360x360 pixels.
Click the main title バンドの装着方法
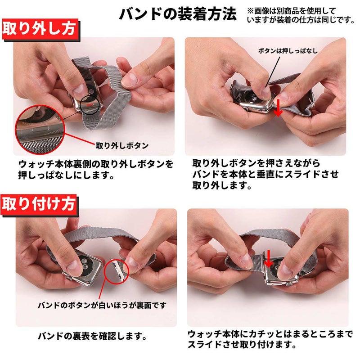[x=178, y=14]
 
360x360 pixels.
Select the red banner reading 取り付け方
[x=39, y=204]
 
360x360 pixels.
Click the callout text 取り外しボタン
[x=122, y=145]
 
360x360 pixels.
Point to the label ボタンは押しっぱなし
[x=288, y=51]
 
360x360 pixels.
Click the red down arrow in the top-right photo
[x=278, y=108]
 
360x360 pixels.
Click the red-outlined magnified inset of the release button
[x=40, y=130]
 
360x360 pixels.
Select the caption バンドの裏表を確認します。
[x=92, y=337]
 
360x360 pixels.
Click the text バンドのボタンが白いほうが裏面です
[x=102, y=306]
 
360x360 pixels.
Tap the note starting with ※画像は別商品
[x=301, y=15]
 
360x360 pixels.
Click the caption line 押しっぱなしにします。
[x=66, y=175]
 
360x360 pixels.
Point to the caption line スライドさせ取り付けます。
[x=242, y=345]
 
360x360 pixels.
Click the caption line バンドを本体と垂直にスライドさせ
[x=265, y=174]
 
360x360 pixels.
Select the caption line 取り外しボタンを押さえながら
[x=256, y=163]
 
